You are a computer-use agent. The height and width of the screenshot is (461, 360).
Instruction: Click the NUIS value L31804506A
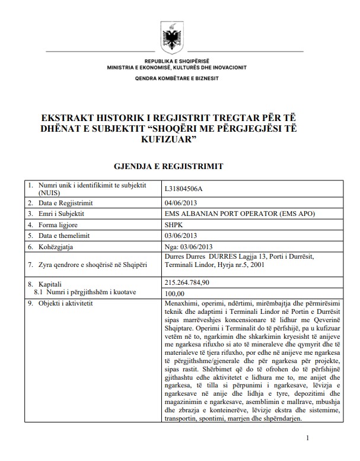coord(187,189)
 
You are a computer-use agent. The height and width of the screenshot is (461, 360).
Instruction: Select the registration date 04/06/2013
coord(179,203)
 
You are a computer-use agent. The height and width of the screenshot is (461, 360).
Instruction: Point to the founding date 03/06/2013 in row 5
coord(179,236)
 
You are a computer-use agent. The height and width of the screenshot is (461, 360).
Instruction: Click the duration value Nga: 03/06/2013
coord(187,246)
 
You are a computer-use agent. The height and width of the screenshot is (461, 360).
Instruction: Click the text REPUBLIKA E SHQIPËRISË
coord(177,62)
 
